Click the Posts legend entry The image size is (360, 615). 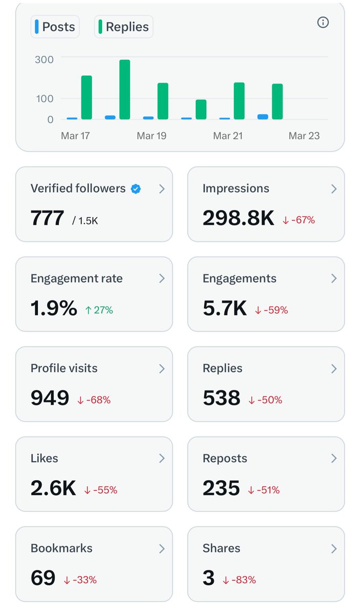[55, 27]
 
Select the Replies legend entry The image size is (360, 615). [124, 27]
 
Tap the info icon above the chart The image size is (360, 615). [323, 23]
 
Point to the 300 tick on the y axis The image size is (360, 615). [44, 59]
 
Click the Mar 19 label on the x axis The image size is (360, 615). [151, 136]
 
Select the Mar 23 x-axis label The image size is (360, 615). [304, 136]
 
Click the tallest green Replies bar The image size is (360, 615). [125, 90]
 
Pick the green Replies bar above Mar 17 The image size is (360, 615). [87, 97]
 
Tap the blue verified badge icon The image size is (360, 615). [136, 189]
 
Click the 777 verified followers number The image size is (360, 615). [47, 219]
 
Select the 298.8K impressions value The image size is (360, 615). [238, 219]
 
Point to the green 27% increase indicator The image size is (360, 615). [99, 310]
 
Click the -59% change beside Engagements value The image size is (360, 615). [272, 310]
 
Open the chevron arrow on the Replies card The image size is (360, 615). [334, 368]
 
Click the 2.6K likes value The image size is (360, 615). [53, 489]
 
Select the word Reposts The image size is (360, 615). [225, 459]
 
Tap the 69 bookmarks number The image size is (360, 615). [43, 579]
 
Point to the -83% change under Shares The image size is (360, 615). [239, 580]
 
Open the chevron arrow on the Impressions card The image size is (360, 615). [334, 189]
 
